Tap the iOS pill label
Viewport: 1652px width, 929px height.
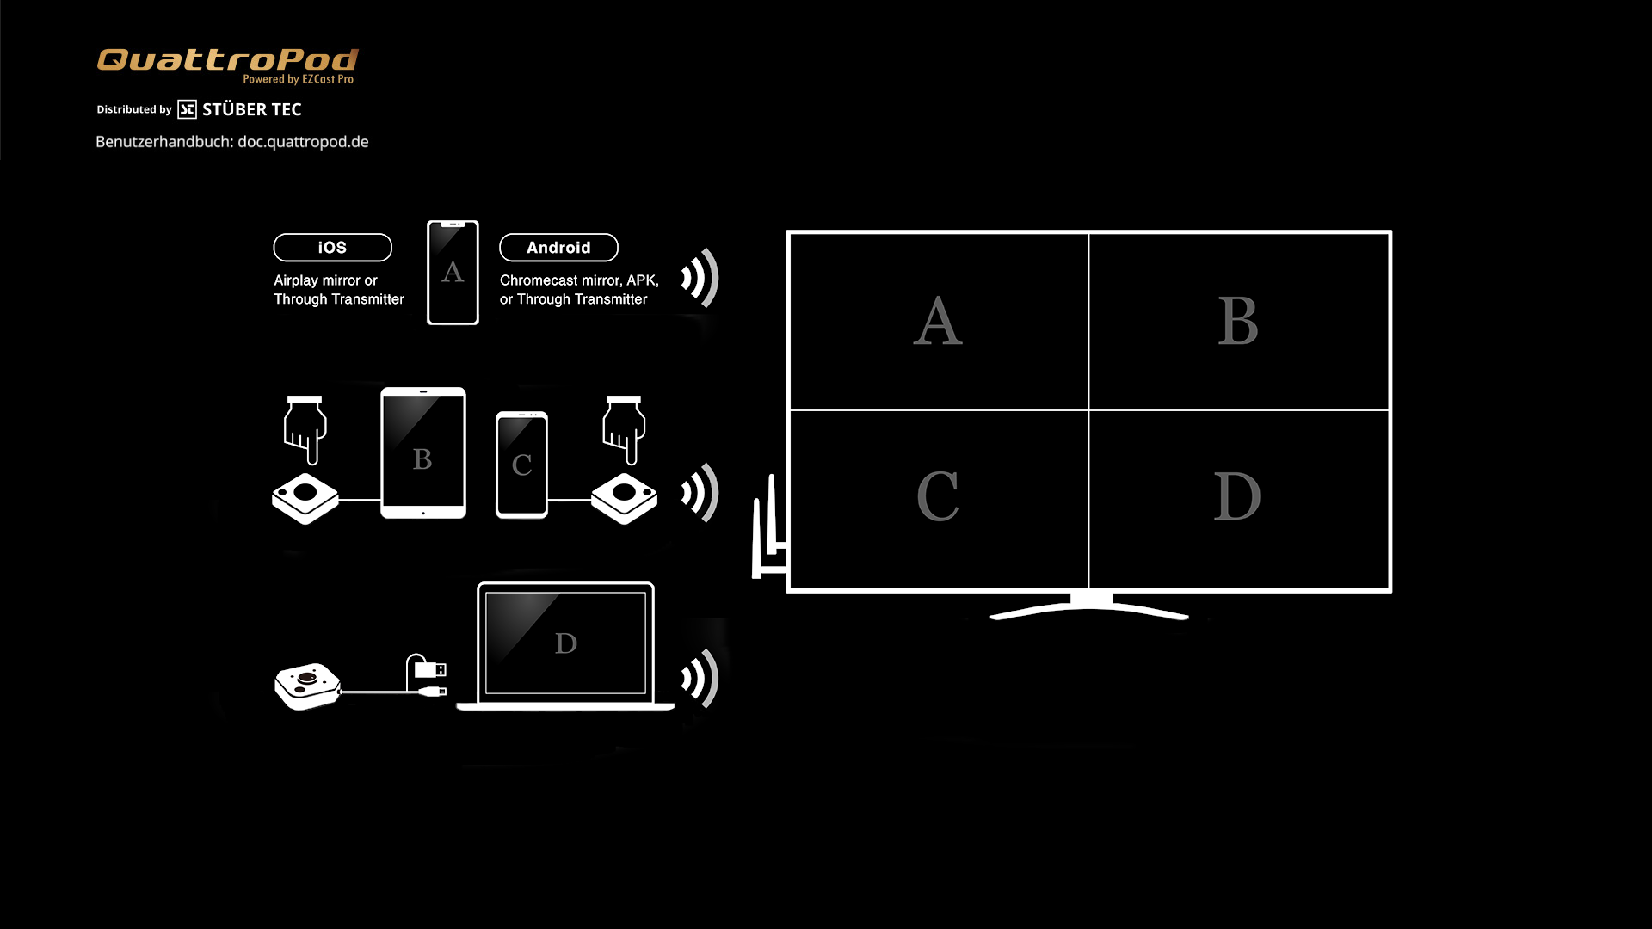(x=332, y=248)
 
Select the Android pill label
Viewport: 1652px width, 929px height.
(x=558, y=248)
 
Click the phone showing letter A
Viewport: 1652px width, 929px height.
(x=453, y=273)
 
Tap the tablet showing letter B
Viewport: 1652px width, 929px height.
(x=423, y=452)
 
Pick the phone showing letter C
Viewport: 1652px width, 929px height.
(x=521, y=464)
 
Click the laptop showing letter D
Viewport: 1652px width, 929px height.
(x=565, y=646)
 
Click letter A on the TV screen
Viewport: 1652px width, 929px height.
(x=938, y=321)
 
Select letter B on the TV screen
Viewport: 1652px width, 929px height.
(x=1238, y=321)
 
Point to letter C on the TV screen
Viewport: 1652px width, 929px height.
(x=938, y=496)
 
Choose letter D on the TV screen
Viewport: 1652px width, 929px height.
(x=1237, y=496)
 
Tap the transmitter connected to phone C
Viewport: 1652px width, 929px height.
(x=625, y=498)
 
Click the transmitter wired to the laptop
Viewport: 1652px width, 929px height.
(x=307, y=686)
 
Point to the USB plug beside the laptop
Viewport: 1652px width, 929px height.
(x=429, y=669)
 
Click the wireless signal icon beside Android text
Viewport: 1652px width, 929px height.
(x=700, y=278)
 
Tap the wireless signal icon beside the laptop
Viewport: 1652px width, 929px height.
(x=700, y=679)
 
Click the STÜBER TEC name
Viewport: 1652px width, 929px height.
(x=252, y=109)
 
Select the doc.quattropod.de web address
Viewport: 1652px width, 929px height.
(x=303, y=142)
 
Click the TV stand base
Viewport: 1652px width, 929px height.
(x=1089, y=607)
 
